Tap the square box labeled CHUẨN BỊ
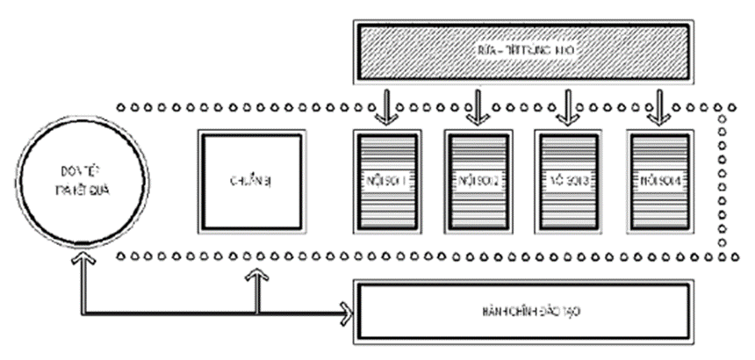click(x=253, y=181)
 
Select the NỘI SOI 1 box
click(x=385, y=182)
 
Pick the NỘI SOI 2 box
click(x=477, y=182)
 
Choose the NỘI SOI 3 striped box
click(x=568, y=182)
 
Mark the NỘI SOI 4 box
click(x=659, y=182)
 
